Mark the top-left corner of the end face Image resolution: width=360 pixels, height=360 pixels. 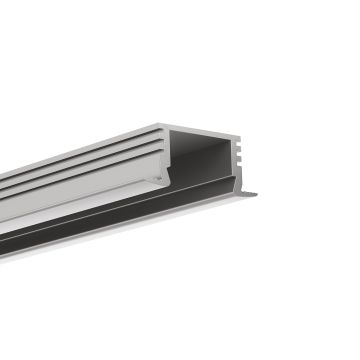click(162, 126)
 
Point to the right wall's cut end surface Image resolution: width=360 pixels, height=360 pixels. click(237, 160)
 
